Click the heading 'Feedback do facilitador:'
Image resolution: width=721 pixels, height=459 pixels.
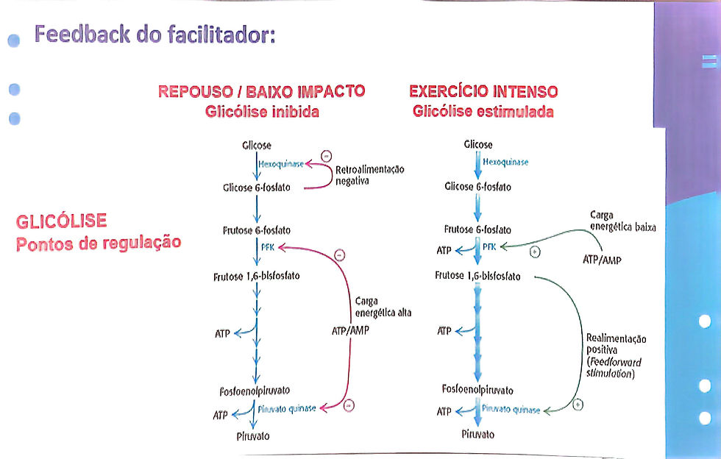coord(154,35)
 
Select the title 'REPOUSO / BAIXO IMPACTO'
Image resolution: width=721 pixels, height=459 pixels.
coord(262,92)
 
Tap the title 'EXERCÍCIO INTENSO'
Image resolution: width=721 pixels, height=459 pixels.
coord(483,92)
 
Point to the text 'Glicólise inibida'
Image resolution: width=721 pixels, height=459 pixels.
coord(262,113)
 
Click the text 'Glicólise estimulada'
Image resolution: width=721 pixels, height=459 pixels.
coord(483,113)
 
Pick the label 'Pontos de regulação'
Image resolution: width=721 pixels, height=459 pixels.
coord(98,243)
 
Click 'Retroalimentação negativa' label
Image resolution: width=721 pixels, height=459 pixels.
coord(369,175)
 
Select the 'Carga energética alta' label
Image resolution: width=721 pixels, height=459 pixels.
coord(383,307)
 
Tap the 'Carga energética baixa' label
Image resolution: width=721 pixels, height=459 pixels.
coord(622,221)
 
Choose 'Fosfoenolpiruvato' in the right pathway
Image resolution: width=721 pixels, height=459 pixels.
coord(477,389)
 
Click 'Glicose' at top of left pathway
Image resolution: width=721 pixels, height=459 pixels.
coord(256,146)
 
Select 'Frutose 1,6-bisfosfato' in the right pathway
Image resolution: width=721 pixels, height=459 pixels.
coord(477,276)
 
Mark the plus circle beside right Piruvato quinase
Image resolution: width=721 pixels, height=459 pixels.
coord(578,404)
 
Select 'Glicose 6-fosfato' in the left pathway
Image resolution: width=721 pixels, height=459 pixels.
coord(257,188)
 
